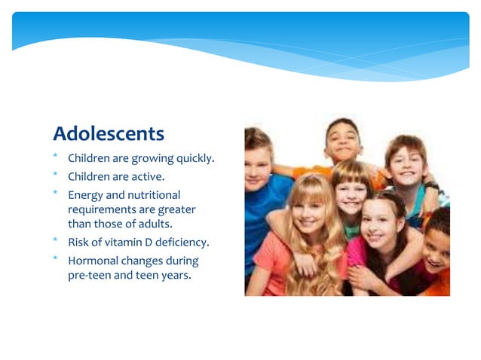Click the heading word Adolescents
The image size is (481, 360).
[108, 134]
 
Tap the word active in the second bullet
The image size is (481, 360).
[149, 177]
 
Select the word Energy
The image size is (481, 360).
[85, 195]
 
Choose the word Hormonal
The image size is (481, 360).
[94, 261]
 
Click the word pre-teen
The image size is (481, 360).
[88, 275]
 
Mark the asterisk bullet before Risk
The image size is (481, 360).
[56, 241]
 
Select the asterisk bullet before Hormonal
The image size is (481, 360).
[56, 259]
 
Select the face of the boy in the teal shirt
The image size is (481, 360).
[406, 166]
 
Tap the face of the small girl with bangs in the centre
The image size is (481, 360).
[351, 191]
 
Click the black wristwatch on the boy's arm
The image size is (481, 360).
[432, 185]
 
